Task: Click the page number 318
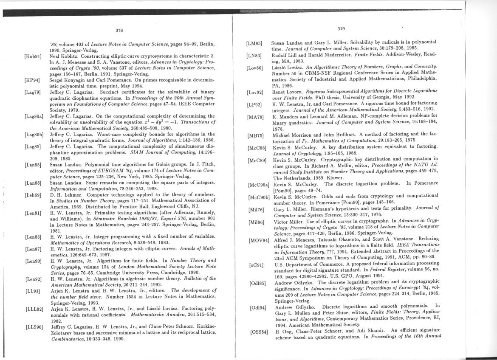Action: [x=119, y=30]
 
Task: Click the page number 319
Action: [x=341, y=29]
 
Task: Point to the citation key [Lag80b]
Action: [x=34, y=135]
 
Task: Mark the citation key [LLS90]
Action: [x=34, y=327]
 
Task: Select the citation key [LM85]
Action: [x=254, y=44]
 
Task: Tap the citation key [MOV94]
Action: [x=259, y=241]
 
